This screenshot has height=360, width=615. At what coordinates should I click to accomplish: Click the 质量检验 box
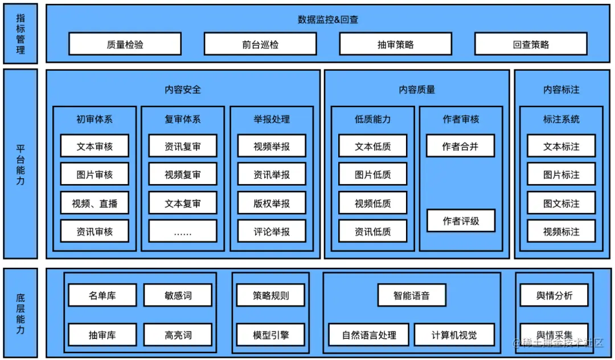(125, 44)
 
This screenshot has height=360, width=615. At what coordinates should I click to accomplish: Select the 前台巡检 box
(260, 44)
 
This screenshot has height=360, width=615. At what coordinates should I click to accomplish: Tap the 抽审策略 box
(395, 44)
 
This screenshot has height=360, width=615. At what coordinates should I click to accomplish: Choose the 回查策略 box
(531, 44)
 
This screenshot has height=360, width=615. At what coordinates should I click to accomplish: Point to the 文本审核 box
(95, 146)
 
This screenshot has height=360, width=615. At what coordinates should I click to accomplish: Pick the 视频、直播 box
(95, 203)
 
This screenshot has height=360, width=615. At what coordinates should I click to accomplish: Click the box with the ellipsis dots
(183, 232)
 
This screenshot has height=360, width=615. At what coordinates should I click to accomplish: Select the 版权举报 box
(272, 203)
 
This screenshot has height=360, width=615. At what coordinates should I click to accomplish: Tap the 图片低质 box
(373, 175)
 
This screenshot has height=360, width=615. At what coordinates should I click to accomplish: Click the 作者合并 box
(460, 146)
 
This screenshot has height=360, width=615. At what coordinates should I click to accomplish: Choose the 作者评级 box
(461, 221)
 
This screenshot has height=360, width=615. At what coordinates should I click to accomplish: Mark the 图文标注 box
(561, 203)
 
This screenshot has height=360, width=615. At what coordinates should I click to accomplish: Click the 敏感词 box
(178, 296)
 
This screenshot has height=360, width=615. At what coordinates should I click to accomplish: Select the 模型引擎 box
(271, 335)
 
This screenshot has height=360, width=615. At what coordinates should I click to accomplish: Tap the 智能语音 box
(412, 296)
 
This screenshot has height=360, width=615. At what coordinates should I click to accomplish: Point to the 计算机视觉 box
(454, 335)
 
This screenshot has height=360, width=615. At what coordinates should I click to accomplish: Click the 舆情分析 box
(555, 296)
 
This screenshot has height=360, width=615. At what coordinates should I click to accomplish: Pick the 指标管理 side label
(20, 34)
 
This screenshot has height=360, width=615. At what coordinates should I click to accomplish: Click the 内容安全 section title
(183, 89)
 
